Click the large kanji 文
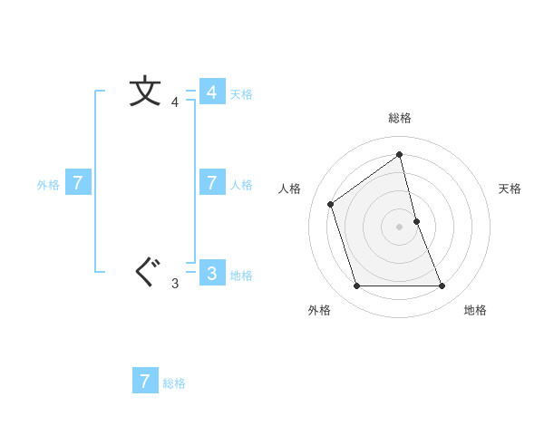pos(145,92)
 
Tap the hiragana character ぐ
pos(145,271)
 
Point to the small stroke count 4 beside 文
pos(175,102)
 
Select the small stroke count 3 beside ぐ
pos(175,284)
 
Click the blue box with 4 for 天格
pos(211,92)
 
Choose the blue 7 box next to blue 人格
pos(211,183)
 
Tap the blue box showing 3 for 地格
pos(211,273)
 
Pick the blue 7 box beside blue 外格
pos(78,183)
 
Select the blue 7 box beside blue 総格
pos(145,381)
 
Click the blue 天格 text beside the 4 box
pos(241,94)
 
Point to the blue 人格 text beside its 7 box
pos(241,185)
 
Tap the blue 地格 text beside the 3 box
pos(241,276)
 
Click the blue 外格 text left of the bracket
pos(48,185)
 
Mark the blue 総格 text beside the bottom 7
pos(174,383)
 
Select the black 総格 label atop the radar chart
pos(400,118)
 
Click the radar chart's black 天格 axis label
pos(510,189)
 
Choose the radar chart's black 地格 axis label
pos(475,310)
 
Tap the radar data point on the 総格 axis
pos(400,154)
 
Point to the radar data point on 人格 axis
pos(331,204)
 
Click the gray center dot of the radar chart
pos(400,226)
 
